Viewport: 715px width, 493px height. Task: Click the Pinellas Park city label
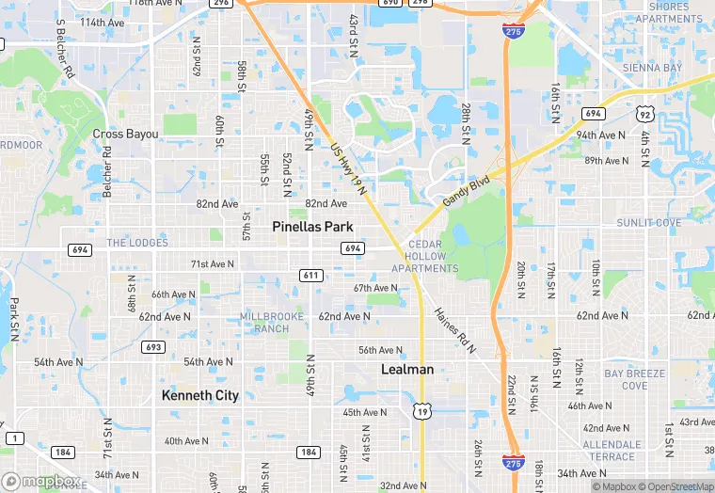[312, 227]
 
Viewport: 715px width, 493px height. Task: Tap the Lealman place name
[407, 370]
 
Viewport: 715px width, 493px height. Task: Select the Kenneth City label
[200, 395]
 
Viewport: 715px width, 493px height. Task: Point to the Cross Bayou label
[125, 135]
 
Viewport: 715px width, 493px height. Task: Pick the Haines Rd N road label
[455, 329]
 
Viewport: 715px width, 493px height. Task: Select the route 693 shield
[154, 347]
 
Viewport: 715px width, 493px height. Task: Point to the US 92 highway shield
[645, 113]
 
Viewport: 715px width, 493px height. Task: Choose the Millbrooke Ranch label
[271, 322]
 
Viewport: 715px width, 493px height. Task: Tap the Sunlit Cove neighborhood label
[648, 223]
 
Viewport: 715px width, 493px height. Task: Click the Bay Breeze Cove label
[635, 379]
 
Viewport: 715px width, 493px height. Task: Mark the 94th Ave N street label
[600, 135]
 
